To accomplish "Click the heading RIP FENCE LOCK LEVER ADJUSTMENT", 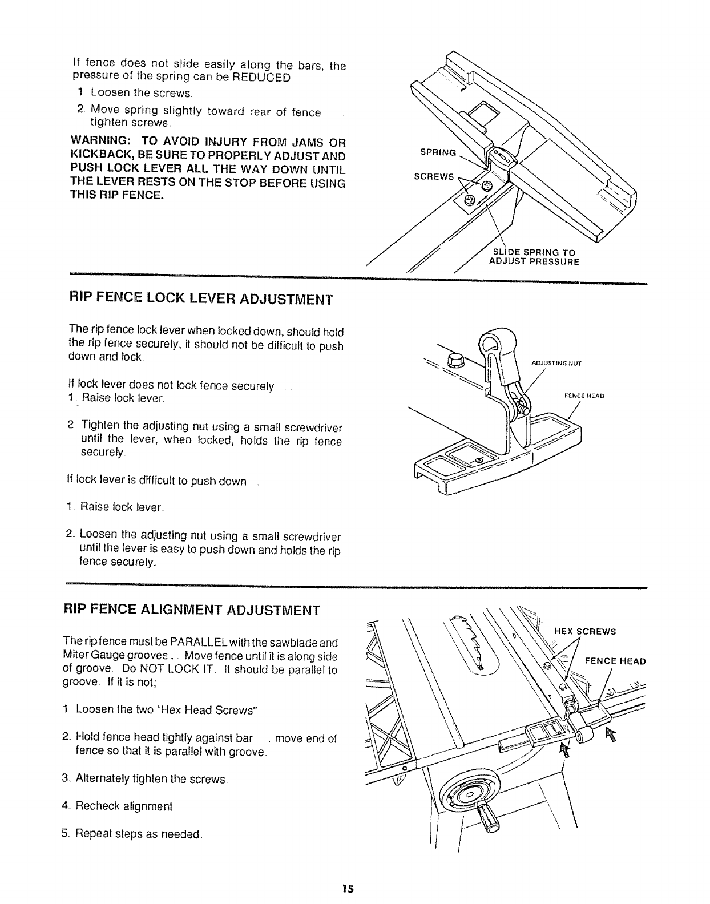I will [x=200, y=299].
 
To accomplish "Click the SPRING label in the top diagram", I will [x=438, y=152].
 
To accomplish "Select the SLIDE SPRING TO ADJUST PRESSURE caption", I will [x=534, y=257].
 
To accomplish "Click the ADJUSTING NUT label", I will [x=556, y=362].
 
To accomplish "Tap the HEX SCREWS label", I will [x=585, y=631].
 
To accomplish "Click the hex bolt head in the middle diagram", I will [x=456, y=360].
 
